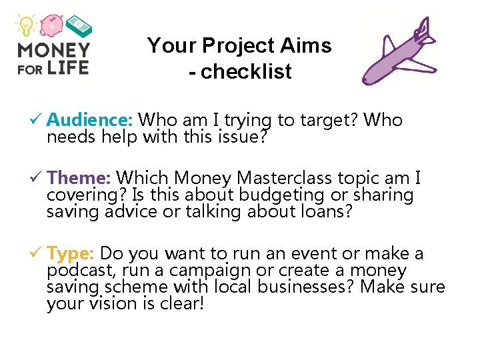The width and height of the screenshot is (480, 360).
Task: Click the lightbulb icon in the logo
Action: [x=26, y=26]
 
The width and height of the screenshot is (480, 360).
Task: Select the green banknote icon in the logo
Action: [x=78, y=26]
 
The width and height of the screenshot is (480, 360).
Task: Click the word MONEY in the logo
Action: [x=53, y=50]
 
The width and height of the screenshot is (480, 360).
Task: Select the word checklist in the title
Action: [x=246, y=71]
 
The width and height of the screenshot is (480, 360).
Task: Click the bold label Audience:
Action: [x=91, y=120]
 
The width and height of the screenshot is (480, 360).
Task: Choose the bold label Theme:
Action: [x=79, y=178]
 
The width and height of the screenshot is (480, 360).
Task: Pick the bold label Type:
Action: [x=72, y=254]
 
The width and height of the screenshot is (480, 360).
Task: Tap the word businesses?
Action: [x=311, y=287]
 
